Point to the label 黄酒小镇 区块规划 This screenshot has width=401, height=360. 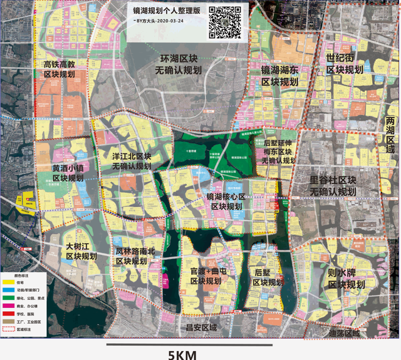click(x=68, y=173)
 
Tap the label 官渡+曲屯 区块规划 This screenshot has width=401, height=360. click(x=206, y=276)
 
